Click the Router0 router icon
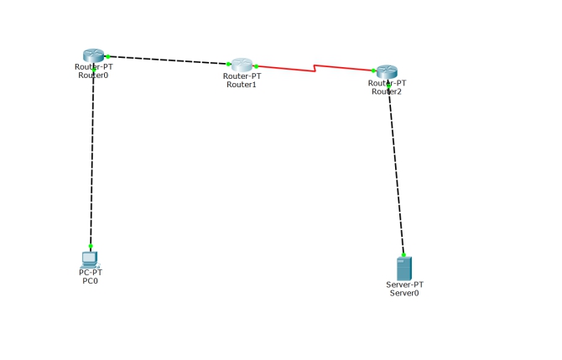[x=93, y=55]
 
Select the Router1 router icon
[x=242, y=65]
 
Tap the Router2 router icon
[x=387, y=72]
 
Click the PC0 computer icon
[x=90, y=258]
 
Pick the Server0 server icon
[x=404, y=269]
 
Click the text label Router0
[x=93, y=75]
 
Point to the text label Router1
[x=242, y=84]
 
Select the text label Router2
[x=387, y=91]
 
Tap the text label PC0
[x=90, y=281]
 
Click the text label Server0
[x=404, y=293]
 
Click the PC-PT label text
[x=90, y=273]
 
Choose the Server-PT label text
[x=404, y=284]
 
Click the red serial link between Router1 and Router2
[x=285, y=66]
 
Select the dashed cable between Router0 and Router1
[x=168, y=60]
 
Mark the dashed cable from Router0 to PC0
[x=91, y=159]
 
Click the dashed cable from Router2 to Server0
[x=396, y=168]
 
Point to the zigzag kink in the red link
[x=315, y=67]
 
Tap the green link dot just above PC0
[x=91, y=246]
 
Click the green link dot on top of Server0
[x=403, y=254]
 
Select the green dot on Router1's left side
[x=228, y=64]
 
